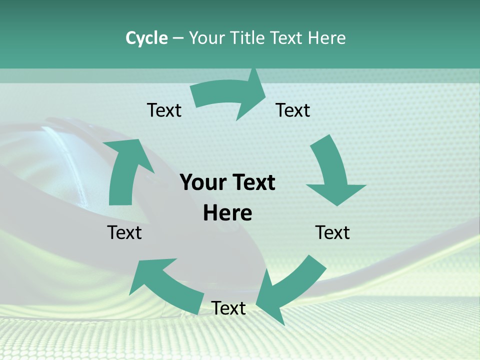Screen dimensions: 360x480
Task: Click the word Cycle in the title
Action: pos(146,38)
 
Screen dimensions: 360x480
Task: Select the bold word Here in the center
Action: pos(227,213)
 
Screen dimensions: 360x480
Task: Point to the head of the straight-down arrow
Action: pos(336,192)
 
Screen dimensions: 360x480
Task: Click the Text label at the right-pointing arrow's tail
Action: pos(164,110)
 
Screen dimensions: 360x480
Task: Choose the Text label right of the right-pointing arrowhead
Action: pos(293,110)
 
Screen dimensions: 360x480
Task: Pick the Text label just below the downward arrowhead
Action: pos(332,232)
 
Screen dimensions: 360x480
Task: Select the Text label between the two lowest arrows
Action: pos(228,308)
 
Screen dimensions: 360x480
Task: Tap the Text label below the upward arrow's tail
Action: pos(124,232)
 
